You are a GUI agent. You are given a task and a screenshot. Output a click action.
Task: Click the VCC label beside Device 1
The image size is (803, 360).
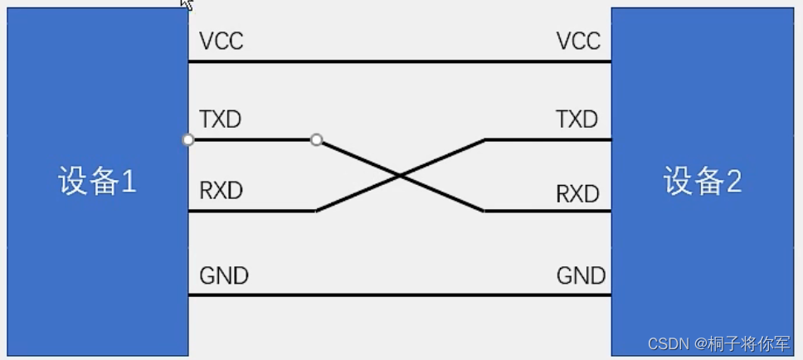(221, 41)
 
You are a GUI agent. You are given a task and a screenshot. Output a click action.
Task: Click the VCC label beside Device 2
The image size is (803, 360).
(578, 41)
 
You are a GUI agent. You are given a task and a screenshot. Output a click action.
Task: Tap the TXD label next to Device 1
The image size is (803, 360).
(220, 119)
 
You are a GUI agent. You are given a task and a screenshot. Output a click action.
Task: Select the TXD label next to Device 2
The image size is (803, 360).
(577, 119)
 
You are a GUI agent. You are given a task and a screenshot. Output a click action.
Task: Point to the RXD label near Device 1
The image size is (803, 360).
(221, 191)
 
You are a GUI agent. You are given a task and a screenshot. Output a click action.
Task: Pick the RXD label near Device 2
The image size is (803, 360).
(577, 194)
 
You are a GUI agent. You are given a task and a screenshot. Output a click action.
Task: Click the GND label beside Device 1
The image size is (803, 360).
(224, 275)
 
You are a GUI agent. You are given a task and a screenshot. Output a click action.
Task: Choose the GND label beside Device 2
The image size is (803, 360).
(581, 275)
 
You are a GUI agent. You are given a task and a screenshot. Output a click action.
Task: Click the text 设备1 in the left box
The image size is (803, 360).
(97, 181)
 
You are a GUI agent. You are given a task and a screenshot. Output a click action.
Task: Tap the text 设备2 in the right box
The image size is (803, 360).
(702, 181)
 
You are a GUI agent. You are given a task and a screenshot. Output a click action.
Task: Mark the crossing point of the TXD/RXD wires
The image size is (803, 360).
(400, 176)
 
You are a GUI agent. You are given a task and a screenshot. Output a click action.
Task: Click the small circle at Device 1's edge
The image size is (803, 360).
(188, 140)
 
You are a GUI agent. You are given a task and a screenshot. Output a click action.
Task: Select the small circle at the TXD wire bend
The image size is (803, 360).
(316, 140)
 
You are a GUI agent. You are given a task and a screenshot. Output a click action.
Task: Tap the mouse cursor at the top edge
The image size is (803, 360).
(187, 4)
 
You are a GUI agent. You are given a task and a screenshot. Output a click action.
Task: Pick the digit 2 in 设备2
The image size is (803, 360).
(732, 181)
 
